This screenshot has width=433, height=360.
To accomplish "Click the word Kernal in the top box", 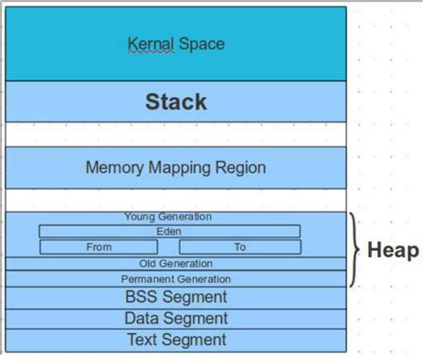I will click(150, 44).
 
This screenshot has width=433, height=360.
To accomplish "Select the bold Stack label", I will click(175, 101).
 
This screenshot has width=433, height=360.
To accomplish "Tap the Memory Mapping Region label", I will click(175, 168).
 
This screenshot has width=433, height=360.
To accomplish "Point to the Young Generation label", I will click(168, 217).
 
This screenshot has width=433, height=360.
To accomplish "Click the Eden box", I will click(169, 232).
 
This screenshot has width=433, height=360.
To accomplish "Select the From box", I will click(99, 247).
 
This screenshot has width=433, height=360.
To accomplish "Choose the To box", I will click(239, 247).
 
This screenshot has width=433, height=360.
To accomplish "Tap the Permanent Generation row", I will click(175, 279).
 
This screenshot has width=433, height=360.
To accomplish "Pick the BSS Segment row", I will click(175, 297).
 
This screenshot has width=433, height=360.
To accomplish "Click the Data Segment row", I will click(175, 318).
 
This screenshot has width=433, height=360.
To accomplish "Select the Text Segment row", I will click(175, 340).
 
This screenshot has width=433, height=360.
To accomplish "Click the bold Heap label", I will click(393, 250).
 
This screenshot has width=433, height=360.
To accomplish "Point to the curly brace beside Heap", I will click(354, 250).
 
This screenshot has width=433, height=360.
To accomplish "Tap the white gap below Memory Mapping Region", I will click(175, 200).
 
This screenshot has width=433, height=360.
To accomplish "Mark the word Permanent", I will click(148, 279).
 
